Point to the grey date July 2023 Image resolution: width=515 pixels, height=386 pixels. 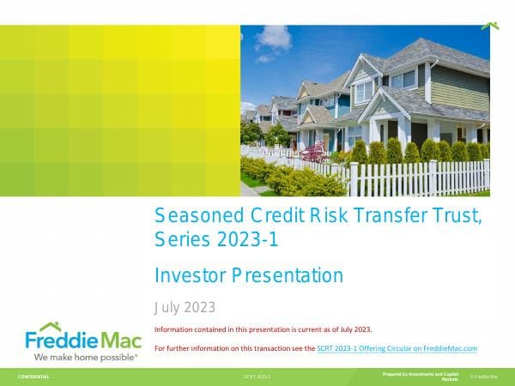184,307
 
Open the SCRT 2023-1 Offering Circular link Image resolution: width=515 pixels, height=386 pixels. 397,348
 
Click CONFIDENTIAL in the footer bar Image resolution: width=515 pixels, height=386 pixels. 33,377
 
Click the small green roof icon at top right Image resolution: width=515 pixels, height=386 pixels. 489,26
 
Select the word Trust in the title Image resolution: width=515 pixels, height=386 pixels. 454,217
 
